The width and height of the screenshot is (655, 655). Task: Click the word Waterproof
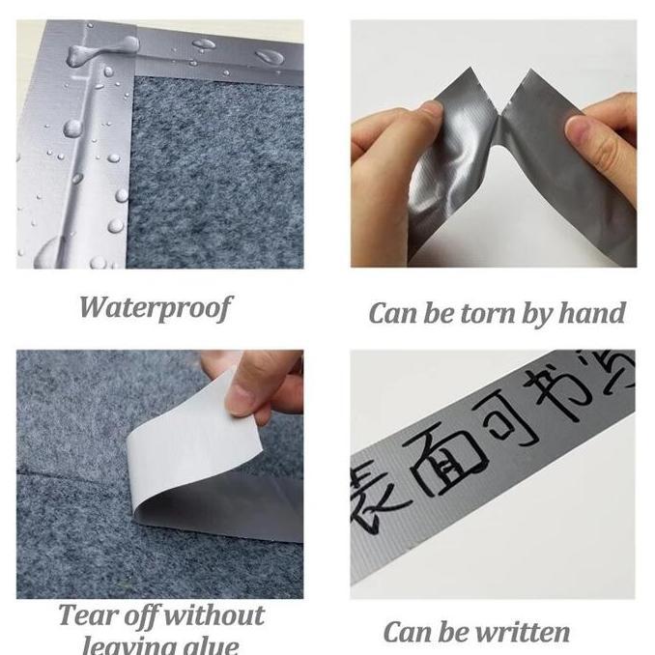155,307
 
